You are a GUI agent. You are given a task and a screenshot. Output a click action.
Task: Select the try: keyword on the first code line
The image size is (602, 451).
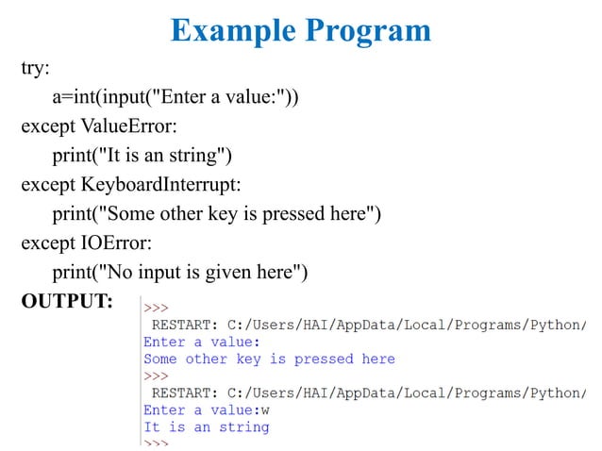[x=36, y=69]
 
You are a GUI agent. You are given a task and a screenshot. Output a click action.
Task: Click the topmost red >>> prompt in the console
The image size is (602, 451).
[x=156, y=308]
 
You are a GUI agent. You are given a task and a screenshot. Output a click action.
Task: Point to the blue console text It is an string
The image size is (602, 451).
[x=206, y=426]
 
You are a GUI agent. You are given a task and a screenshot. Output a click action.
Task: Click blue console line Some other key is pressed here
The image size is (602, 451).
[x=269, y=359]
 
